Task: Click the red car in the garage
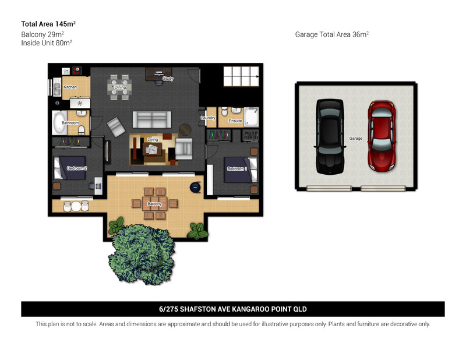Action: click(x=382, y=136)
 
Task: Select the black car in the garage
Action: click(x=330, y=136)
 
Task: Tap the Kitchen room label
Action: click(x=70, y=87)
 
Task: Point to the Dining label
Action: click(x=121, y=87)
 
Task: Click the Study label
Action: click(x=168, y=79)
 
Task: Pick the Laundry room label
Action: click(x=208, y=118)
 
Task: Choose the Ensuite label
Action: click(x=235, y=121)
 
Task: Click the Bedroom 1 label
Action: click(x=237, y=169)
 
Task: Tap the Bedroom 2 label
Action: click(x=77, y=168)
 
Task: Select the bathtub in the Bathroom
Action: click(x=60, y=122)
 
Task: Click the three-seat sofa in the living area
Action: click(x=152, y=119)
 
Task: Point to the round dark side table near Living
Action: click(x=185, y=130)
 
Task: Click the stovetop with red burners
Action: click(x=77, y=70)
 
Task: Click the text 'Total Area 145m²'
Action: click(x=48, y=24)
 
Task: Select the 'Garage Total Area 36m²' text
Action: click(x=332, y=34)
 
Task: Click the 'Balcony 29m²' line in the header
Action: click(x=43, y=34)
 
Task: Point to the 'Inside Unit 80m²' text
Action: click(x=47, y=43)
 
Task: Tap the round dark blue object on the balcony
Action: click(x=195, y=187)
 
